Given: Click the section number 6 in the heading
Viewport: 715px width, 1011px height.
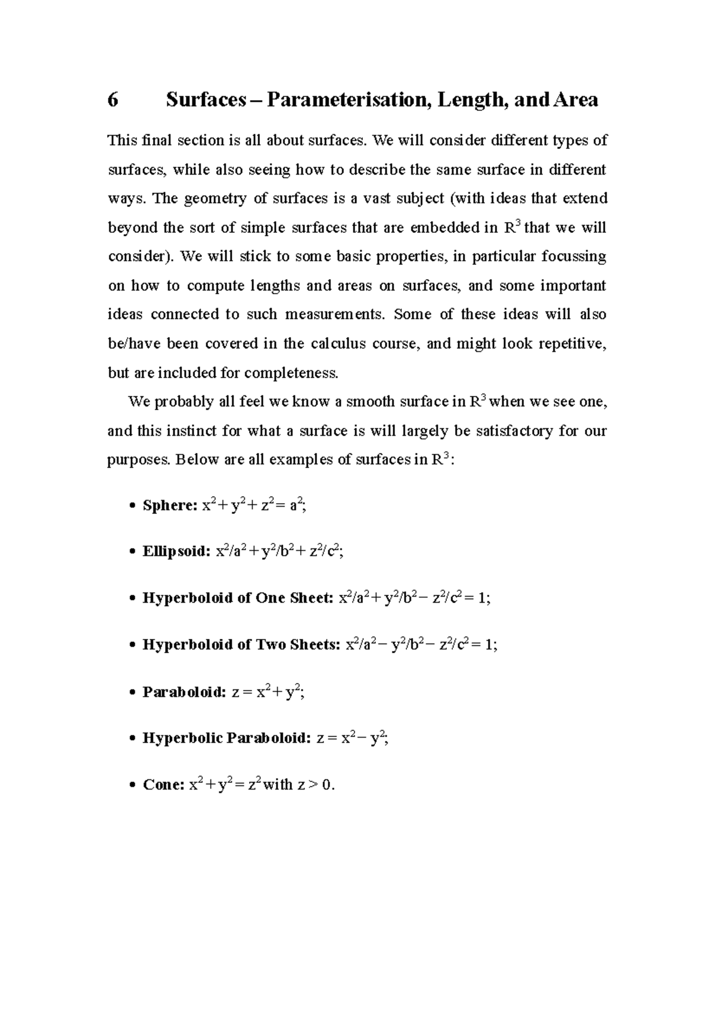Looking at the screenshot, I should (113, 99).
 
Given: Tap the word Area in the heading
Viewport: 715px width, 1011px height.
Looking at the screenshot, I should (576, 99).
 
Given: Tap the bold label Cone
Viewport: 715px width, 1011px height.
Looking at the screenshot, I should (163, 785).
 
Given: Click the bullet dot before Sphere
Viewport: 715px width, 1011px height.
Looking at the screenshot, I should (132, 507).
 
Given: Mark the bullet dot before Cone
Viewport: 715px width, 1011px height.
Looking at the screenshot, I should (132, 786).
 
